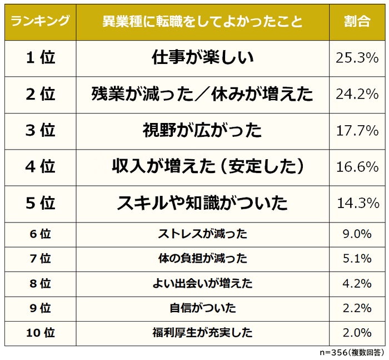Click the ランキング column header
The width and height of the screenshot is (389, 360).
(40, 22)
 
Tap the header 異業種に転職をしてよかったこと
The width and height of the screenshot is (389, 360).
(202, 22)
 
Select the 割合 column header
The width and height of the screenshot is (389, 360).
(357, 22)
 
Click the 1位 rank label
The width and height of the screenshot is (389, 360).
(41, 58)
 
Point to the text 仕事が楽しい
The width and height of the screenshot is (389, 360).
(202, 58)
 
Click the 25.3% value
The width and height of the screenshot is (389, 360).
(357, 58)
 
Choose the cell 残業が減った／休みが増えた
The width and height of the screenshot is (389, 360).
(202, 94)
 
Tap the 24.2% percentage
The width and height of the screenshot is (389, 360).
(357, 94)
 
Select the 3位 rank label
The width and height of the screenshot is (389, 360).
(41, 131)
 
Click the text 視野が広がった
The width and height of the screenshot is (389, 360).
(202, 131)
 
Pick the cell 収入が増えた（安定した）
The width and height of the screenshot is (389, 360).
(202, 167)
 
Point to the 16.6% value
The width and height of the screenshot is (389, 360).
(357, 167)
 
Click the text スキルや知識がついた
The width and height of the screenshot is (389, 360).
(202, 203)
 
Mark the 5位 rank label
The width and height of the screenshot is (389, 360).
(41, 203)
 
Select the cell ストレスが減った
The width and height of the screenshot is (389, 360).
(202, 234)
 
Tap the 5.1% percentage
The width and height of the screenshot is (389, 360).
(357, 259)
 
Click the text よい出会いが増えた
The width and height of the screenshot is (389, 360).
(202, 284)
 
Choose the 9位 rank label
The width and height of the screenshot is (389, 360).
(41, 308)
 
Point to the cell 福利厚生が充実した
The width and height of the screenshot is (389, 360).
(202, 333)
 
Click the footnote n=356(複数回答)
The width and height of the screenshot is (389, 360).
(352, 353)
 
